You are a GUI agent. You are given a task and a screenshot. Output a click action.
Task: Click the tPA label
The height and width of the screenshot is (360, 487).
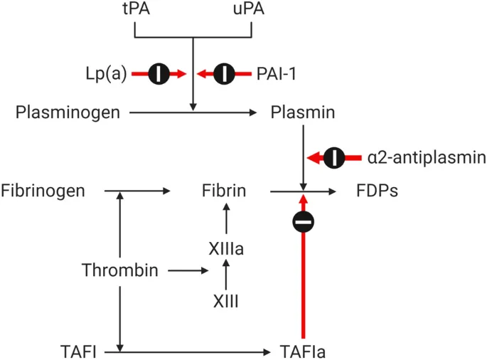click(135, 11)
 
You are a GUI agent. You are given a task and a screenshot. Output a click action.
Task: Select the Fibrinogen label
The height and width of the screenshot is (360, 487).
click(43, 191)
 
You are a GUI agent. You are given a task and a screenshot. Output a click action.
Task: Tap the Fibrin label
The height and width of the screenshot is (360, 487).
click(225, 191)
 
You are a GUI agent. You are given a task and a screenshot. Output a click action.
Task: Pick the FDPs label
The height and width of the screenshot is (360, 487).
click(377, 191)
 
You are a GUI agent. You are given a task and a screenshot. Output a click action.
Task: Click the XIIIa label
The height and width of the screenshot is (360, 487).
click(225, 249)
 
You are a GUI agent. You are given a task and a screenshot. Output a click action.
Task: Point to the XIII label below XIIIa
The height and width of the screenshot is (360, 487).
click(225, 302)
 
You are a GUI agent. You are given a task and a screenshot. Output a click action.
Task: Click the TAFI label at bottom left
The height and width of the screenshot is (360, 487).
click(79, 350)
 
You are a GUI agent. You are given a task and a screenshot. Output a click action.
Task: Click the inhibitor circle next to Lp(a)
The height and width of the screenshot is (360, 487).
click(159, 73)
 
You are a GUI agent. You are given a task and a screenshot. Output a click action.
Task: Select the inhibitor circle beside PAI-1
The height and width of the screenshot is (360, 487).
click(224, 73)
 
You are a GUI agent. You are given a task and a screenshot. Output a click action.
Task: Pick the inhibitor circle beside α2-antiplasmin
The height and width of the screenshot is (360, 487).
click(334, 157)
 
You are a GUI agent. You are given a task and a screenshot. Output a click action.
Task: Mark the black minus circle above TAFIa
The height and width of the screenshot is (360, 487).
click(304, 223)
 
